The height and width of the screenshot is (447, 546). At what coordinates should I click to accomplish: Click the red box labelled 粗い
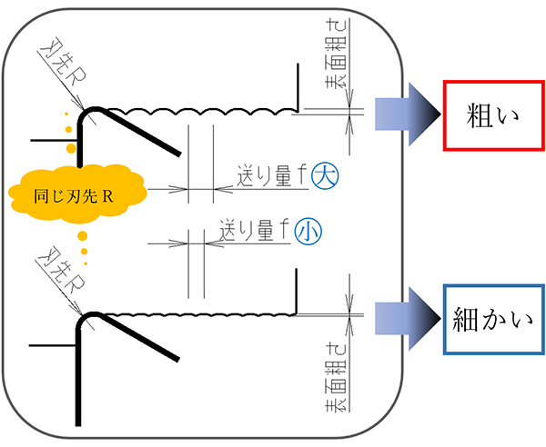click(x=488, y=115)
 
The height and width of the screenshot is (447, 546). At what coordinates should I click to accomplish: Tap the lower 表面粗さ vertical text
click(x=334, y=374)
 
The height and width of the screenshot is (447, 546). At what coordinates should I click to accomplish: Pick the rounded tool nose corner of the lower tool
click(x=86, y=319)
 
